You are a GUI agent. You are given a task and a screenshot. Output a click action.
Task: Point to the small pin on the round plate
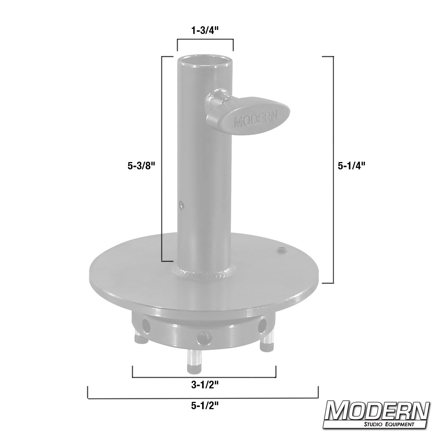point(281,250)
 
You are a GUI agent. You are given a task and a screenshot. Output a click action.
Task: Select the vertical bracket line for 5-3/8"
point(162,159)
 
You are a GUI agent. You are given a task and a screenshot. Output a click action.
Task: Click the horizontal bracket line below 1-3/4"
point(205,39)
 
